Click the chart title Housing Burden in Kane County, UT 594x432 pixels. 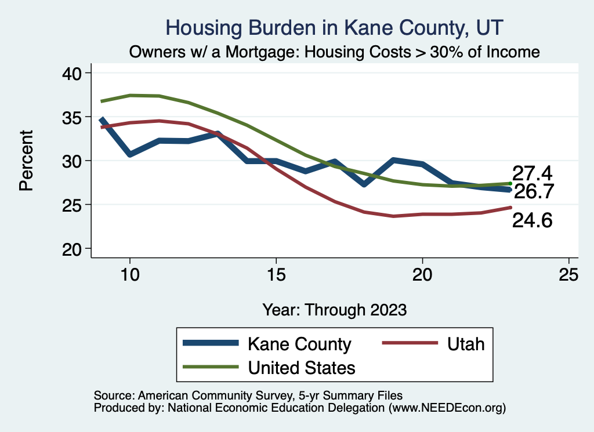click(335, 27)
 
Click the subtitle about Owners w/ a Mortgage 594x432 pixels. click(335, 52)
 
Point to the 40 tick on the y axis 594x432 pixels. click(74, 73)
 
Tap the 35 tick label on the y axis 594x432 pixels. click(74, 117)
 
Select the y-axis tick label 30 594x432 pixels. click(74, 161)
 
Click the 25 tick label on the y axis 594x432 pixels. click(74, 205)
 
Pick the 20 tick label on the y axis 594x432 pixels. click(74, 249)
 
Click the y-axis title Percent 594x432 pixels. click(26, 161)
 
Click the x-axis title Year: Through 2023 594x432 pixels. click(335, 310)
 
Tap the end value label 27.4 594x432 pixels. click(531, 173)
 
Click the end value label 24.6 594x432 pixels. click(531, 220)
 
